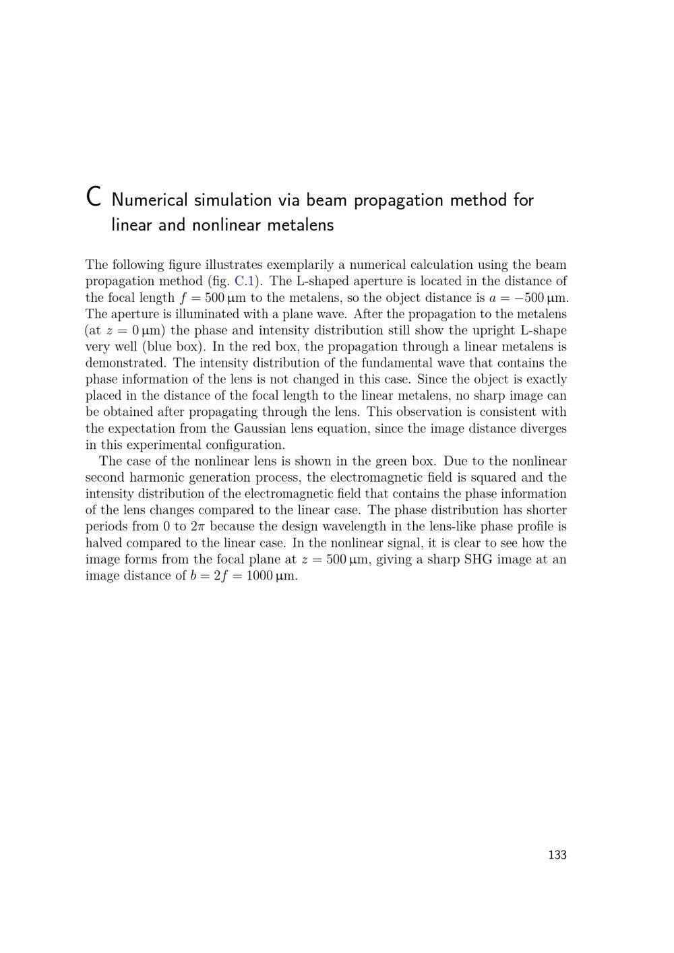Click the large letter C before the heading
coord(94,197)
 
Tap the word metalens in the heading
coord(301,224)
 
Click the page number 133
coord(557,855)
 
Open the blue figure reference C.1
coord(243,281)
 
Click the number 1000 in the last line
coord(259,576)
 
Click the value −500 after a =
coord(529,298)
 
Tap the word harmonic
coord(153,478)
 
